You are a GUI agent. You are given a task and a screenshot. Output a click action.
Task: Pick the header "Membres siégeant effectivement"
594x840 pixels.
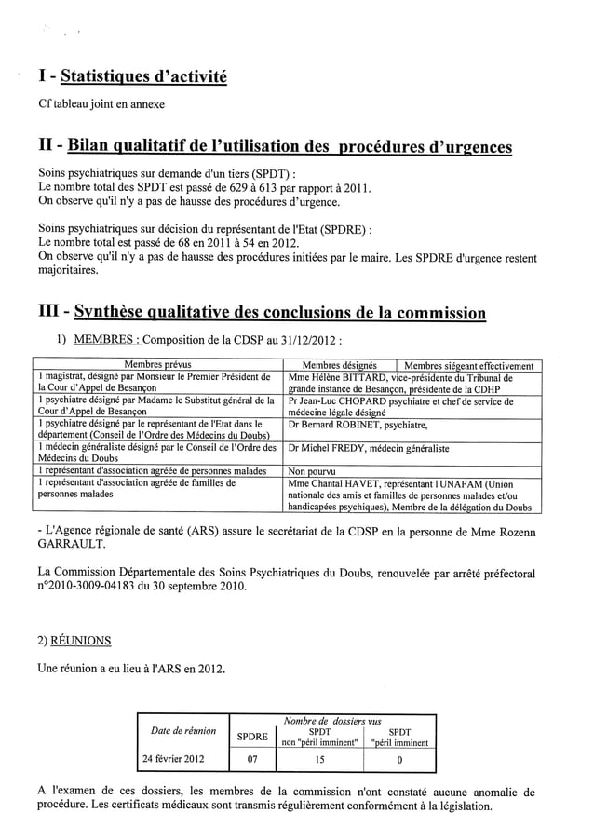[468, 366]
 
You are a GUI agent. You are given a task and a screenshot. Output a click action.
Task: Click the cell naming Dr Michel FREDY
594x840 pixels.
[369, 448]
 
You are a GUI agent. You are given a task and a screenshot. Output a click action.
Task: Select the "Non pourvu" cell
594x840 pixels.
[312, 471]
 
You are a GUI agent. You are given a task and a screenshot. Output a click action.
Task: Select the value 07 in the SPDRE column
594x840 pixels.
[251, 758]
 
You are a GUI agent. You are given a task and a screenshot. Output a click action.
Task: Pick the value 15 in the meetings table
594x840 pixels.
[318, 758]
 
